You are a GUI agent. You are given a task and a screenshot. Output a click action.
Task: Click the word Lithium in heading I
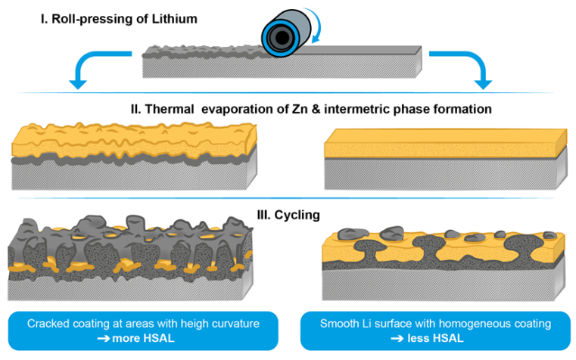175,17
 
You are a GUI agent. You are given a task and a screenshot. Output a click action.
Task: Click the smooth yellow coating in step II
443,142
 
